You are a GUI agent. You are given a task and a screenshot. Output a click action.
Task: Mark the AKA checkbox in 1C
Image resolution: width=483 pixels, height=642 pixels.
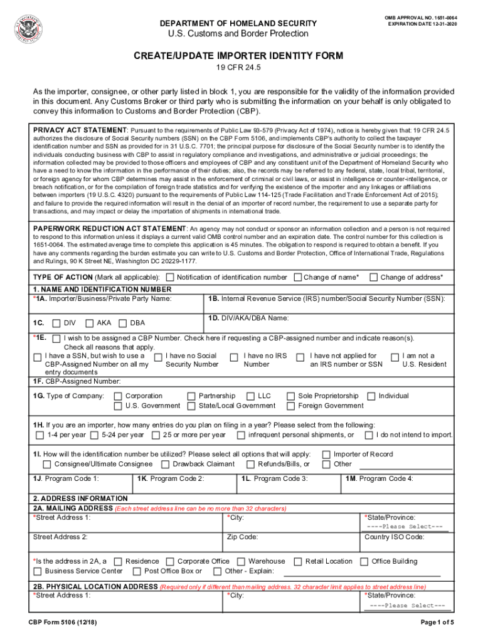pyautogui.click(x=90, y=323)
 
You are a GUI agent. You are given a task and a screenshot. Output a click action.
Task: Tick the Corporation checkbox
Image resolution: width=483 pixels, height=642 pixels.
pyautogui.click(x=117, y=396)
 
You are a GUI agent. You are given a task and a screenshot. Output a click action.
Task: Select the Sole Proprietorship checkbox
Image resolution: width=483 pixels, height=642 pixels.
pyautogui.click(x=290, y=396)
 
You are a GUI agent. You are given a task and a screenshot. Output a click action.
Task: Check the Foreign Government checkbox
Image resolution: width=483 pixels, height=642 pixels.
pyautogui.click(x=290, y=406)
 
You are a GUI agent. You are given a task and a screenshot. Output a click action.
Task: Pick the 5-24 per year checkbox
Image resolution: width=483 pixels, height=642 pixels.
pyautogui.click(x=94, y=435)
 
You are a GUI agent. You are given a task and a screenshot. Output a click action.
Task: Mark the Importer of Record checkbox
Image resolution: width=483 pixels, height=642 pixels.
pyautogui.click(x=326, y=455)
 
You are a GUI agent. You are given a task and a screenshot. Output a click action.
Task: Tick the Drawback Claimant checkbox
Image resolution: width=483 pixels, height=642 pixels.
pyautogui.click(x=165, y=465)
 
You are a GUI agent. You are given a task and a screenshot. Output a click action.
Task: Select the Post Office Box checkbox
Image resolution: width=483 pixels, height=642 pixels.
pyautogui.click(x=137, y=571)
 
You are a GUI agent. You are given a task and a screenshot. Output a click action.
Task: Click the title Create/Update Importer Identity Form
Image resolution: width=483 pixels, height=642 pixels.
pyautogui.click(x=238, y=56)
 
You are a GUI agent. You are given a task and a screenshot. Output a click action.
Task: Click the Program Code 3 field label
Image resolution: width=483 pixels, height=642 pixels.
pyautogui.click(x=275, y=478)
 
